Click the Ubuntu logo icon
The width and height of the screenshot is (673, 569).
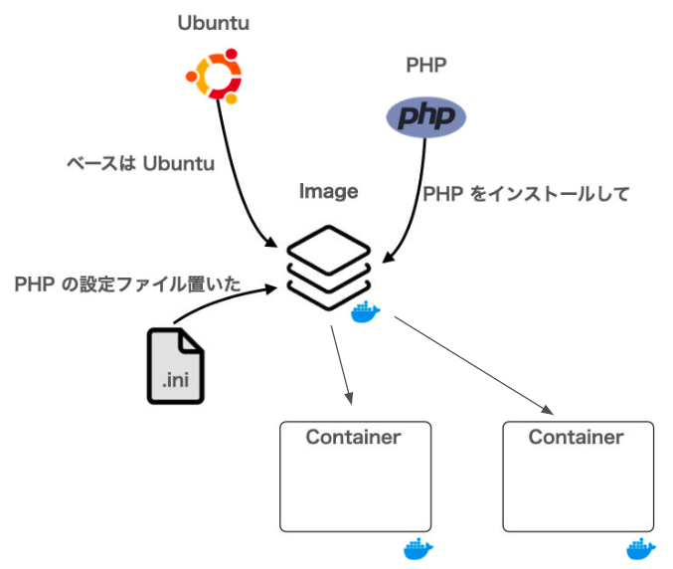[x=214, y=75]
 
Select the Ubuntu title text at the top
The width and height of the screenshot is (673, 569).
[x=213, y=23]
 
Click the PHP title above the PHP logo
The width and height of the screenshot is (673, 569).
[x=426, y=66]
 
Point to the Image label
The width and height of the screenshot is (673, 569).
[x=328, y=192]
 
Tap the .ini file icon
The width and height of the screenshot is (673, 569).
[x=175, y=365]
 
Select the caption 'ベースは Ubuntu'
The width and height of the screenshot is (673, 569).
[x=139, y=163]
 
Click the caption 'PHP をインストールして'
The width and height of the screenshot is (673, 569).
[x=526, y=194]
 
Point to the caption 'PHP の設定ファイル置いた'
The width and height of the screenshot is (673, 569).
[x=128, y=284]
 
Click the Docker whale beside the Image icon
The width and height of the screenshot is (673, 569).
[x=366, y=313]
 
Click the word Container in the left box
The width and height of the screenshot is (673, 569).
[x=353, y=437]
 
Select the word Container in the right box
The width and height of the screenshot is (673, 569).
[x=576, y=437]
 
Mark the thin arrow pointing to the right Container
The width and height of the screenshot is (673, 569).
[x=472, y=363]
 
